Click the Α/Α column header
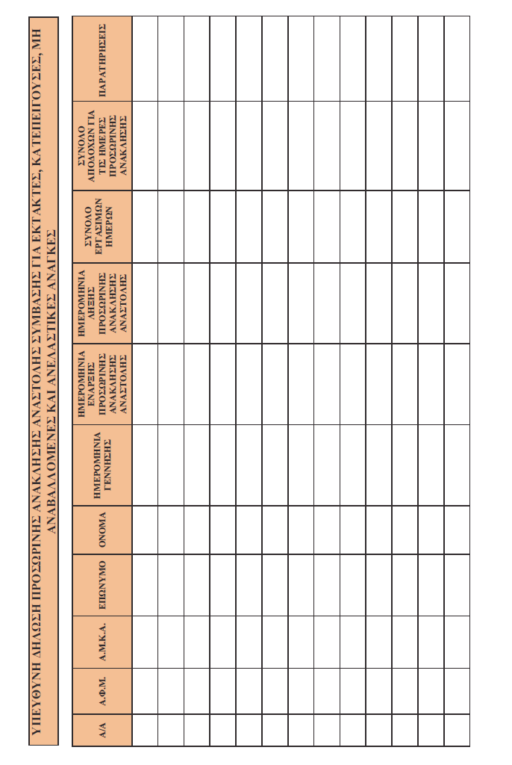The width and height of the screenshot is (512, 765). (103, 728)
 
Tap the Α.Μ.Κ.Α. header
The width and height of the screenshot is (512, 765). (103, 642)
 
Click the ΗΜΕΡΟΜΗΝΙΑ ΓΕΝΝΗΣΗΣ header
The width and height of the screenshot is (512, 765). (103, 465)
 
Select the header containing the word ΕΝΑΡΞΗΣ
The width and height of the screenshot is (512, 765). (103, 383)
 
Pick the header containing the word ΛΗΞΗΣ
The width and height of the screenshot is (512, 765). (103, 303)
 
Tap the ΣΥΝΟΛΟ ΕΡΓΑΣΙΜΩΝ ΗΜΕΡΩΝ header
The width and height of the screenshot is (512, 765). (103, 227)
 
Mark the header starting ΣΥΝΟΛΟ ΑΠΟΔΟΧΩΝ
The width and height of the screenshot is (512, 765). (103, 145)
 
